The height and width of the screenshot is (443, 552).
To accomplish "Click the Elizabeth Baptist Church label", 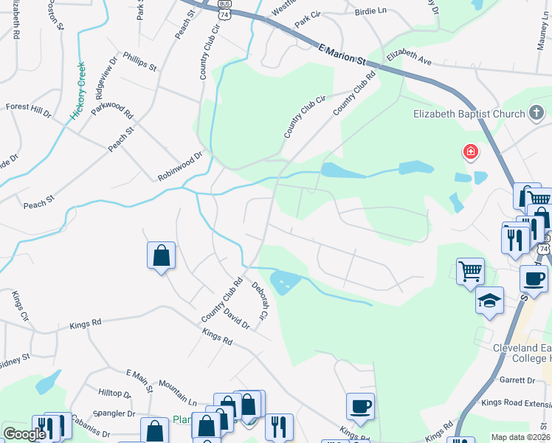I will (x=468, y=114).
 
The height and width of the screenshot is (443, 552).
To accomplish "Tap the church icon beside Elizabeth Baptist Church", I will (x=537, y=114).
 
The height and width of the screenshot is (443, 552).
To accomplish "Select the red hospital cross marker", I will (x=469, y=153).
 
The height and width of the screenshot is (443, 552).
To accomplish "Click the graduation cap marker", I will (x=489, y=301).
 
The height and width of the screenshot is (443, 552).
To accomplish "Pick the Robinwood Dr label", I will (x=179, y=167).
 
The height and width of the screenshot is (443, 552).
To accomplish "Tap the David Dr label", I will (x=237, y=319).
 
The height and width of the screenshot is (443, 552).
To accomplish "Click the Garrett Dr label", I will (x=517, y=380).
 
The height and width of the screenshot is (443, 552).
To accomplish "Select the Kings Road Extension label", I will (x=516, y=403).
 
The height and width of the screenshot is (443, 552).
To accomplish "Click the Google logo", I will (x=24, y=434).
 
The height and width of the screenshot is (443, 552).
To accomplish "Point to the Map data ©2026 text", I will (x=520, y=437).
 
